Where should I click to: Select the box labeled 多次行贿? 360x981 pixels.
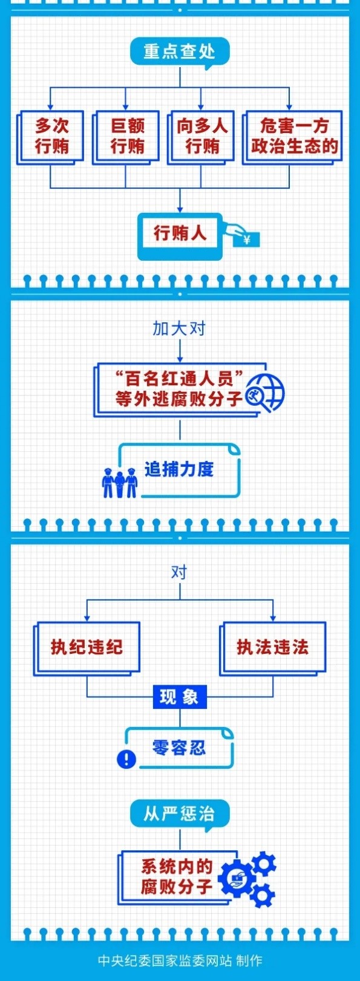point(50,137)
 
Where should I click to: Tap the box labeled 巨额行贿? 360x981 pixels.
point(126,137)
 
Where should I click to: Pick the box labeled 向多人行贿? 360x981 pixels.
point(201,137)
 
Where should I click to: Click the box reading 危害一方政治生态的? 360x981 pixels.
point(292,137)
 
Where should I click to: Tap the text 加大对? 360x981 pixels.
point(179,328)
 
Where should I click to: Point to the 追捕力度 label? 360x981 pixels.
point(179,469)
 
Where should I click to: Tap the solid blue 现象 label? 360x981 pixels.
point(180,697)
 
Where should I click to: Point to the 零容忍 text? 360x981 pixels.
point(179,748)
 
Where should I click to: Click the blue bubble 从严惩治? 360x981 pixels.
point(180,814)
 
